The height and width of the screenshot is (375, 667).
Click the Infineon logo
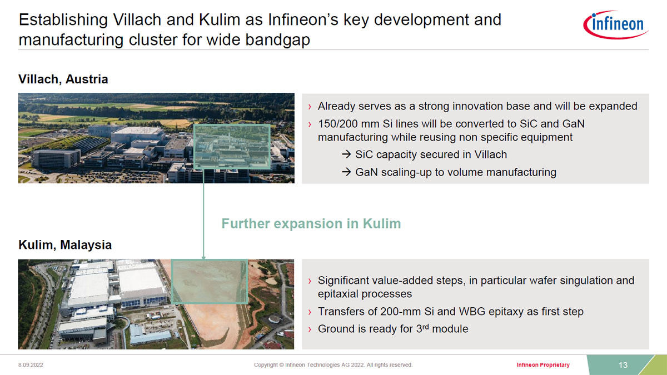click(x=616, y=24)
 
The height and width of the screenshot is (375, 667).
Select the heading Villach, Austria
click(x=63, y=79)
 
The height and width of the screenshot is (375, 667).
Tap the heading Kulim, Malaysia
click(x=65, y=245)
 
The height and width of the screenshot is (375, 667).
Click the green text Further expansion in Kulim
click(x=311, y=223)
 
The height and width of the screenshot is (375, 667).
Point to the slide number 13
click(x=623, y=365)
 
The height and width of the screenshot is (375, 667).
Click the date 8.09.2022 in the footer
click(x=31, y=365)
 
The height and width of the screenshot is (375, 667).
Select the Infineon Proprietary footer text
click(x=543, y=365)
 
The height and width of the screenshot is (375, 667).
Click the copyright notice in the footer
click(x=333, y=365)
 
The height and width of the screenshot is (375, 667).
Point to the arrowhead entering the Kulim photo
click(x=203, y=257)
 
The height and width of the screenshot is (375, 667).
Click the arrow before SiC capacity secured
click(x=346, y=154)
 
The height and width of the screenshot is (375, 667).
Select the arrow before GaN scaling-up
click(x=346, y=172)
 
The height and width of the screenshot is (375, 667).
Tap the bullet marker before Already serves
click(x=310, y=107)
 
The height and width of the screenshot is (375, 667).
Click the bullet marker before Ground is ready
click(x=310, y=329)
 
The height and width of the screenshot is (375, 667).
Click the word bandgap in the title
click(x=277, y=40)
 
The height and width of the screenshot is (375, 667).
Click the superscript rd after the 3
click(x=426, y=327)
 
